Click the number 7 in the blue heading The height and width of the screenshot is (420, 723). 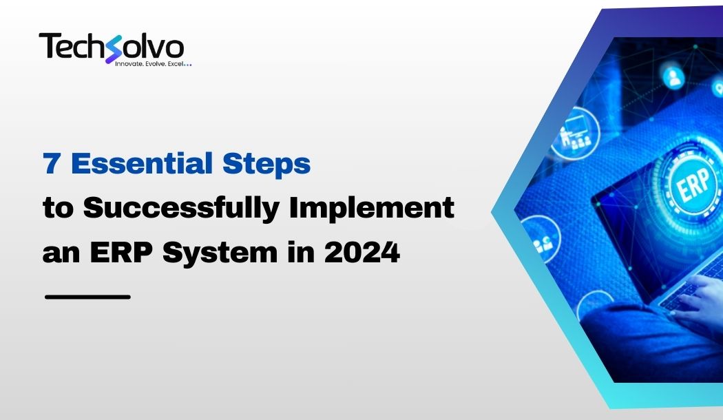[x=51, y=164]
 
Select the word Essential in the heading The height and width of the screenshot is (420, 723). [x=142, y=164]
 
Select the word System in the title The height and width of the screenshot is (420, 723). [x=220, y=254]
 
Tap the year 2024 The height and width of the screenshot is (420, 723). [x=362, y=253]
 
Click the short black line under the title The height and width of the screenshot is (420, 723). [x=87, y=297]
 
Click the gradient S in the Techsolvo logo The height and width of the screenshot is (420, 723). [x=113, y=49]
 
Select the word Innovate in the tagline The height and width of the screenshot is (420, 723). [x=129, y=63]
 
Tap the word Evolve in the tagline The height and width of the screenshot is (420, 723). [x=156, y=63]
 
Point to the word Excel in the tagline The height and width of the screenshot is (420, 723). [x=176, y=63]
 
